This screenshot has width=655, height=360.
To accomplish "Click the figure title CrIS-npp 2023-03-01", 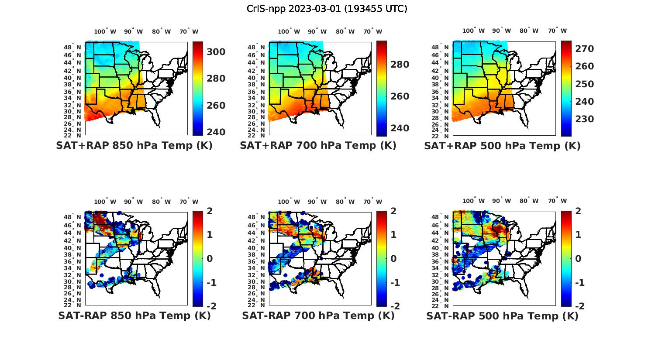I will (x=327, y=9).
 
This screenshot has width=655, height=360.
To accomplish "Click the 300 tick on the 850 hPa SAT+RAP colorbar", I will (x=216, y=52).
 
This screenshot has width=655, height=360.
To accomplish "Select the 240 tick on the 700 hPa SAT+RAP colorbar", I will (x=400, y=128).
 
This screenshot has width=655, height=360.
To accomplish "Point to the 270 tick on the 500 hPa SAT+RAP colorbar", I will (x=585, y=48).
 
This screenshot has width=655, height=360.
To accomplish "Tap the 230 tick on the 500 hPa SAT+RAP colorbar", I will (x=585, y=119).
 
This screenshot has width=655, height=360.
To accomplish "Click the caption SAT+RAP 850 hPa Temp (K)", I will (x=134, y=145).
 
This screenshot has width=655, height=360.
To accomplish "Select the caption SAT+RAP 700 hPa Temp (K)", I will (x=318, y=145).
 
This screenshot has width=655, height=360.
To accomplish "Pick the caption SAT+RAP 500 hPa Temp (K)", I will (x=502, y=146).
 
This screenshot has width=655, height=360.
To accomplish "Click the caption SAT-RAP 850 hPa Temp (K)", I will (x=134, y=315).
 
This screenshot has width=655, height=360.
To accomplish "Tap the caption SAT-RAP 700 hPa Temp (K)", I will (x=318, y=315).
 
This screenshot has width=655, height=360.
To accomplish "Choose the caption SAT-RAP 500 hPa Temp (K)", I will (x=502, y=316).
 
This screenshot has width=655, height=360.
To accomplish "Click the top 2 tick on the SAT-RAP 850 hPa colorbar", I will (x=210, y=211).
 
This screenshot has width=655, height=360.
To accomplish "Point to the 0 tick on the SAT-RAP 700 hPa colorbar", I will (x=394, y=258).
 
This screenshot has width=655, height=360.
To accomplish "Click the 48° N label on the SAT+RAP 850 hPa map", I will (x=72, y=47).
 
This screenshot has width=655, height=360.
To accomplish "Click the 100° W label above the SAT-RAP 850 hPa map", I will (x=105, y=202).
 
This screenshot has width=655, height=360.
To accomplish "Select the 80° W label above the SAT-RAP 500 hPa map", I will (x=529, y=201).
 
